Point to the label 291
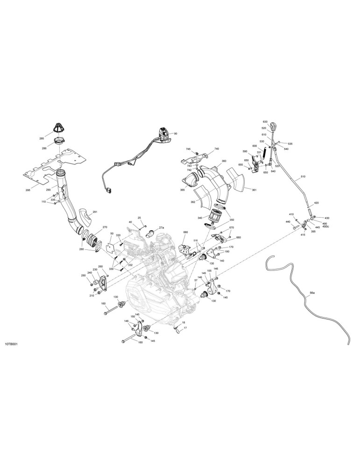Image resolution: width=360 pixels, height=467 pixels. tap(95, 212)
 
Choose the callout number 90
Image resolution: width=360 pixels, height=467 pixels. tap(176, 134)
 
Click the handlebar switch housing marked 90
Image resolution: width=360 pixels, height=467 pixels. tap(164, 133)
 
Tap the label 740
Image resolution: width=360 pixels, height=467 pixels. tap(217, 149)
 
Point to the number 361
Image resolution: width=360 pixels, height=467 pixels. tap(254, 190)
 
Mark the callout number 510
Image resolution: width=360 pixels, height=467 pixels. tap(303, 177)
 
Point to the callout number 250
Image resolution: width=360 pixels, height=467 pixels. tap(84, 276)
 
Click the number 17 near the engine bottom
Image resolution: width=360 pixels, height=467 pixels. tap(185, 328)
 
